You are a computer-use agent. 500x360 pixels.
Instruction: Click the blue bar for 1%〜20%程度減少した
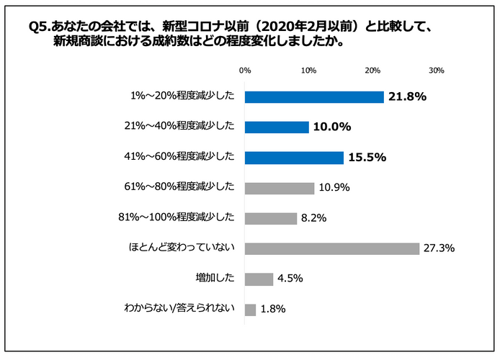[x=314, y=96]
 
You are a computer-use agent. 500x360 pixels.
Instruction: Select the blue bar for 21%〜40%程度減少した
[x=277, y=127]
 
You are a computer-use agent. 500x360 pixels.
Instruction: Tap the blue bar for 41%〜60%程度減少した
[x=294, y=158]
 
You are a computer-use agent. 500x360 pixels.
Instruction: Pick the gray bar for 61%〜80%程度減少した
[x=280, y=188]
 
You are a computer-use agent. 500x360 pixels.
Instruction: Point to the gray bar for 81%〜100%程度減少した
[x=271, y=218]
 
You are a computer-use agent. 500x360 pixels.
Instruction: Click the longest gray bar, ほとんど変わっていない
[x=332, y=248]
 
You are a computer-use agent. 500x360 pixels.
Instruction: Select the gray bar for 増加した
[x=259, y=279]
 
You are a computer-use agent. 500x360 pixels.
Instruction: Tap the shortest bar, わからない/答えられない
[x=250, y=310]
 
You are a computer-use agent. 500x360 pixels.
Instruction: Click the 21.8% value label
[x=408, y=96]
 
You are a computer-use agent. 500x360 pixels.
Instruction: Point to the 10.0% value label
[x=331, y=127]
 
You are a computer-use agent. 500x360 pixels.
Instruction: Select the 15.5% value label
[x=367, y=158]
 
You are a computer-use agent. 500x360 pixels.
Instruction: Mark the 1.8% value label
[x=273, y=310]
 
